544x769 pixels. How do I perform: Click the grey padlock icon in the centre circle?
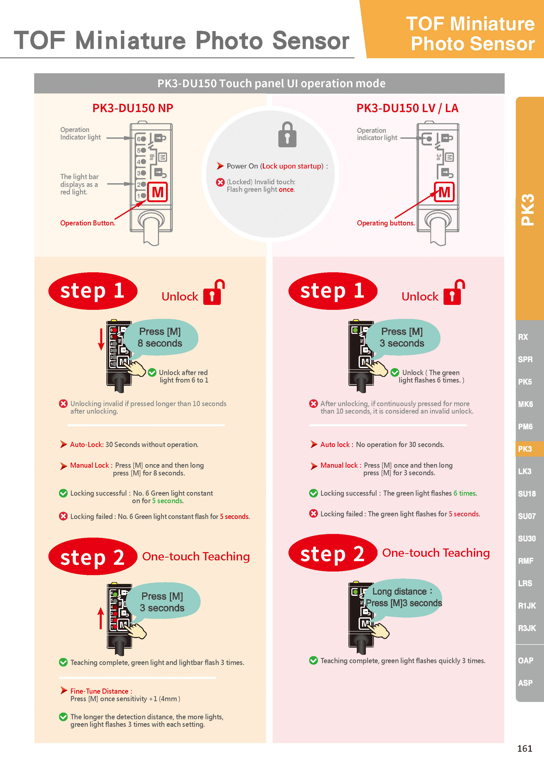point(287,135)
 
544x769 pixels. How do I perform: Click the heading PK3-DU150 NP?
point(133,108)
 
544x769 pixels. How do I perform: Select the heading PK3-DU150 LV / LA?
point(407,108)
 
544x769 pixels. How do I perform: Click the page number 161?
point(525,748)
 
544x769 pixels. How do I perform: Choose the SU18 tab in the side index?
point(527,494)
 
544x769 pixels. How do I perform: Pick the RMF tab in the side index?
point(526,561)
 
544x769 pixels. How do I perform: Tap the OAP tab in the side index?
point(525,661)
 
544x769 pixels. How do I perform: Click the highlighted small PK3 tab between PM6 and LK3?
point(525,449)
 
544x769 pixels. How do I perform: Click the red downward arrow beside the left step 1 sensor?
point(101,339)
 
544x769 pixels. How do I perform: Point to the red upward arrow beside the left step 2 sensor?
point(100,618)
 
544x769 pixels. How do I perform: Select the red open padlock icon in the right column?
point(454,292)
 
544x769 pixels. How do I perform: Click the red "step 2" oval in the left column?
point(93,556)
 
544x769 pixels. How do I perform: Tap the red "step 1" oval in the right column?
point(333,291)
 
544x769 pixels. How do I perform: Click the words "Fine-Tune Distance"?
point(99,691)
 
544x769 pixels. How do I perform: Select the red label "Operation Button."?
point(88,223)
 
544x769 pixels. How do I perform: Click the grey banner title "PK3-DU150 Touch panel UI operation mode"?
point(271,83)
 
